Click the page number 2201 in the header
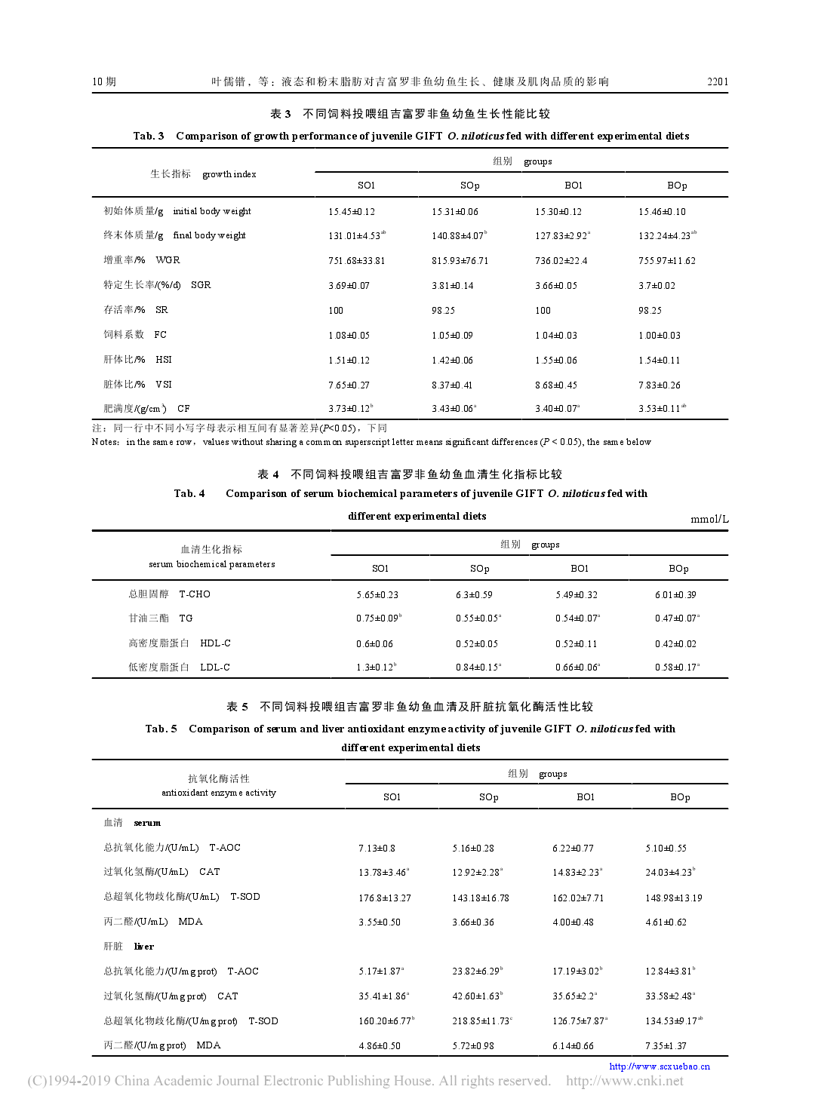(x=717, y=81)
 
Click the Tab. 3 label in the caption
(x=149, y=136)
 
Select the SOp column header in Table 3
(x=469, y=186)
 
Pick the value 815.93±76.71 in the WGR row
(x=460, y=261)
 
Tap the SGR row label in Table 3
(x=201, y=285)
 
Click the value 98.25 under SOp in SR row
(x=443, y=311)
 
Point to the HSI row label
(x=164, y=360)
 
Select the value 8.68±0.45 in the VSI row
(x=555, y=385)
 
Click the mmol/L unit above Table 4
(x=709, y=519)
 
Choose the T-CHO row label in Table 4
(x=195, y=594)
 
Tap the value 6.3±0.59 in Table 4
(x=474, y=595)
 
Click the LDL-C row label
(x=215, y=668)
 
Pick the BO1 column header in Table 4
(x=579, y=569)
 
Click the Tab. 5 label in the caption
(x=161, y=729)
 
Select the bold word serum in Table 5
(x=147, y=823)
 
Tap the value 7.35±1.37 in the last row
(x=666, y=1046)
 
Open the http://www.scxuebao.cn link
(x=660, y=1066)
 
